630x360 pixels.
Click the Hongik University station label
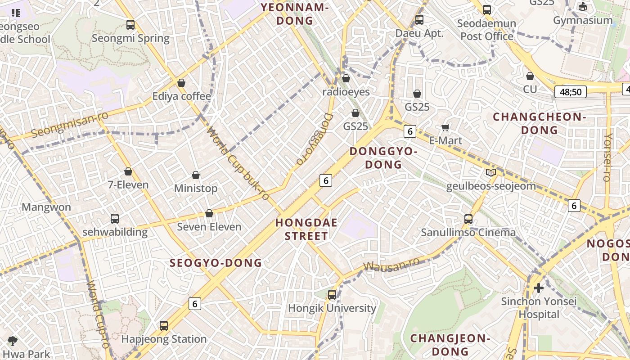tap(332, 308)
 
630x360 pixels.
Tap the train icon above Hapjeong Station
tap(164, 326)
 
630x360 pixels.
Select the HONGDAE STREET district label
tap(306, 229)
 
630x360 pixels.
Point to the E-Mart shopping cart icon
tap(445, 128)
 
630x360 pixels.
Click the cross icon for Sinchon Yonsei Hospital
tap(539, 288)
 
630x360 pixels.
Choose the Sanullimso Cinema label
tap(468, 232)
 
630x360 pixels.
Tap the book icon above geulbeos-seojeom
tap(491, 173)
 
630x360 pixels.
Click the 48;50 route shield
tap(571, 92)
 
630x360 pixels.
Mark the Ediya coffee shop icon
tap(181, 83)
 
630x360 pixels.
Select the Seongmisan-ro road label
tap(70, 125)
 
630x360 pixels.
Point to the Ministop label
tap(196, 188)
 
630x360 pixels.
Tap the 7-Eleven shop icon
tap(128, 172)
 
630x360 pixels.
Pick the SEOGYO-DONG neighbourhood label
tap(216, 263)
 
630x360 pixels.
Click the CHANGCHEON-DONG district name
tap(540, 123)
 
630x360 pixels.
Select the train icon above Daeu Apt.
tap(419, 20)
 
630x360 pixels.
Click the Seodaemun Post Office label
tap(486, 30)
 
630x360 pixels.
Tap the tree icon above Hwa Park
tap(13, 341)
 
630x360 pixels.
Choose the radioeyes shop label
tap(346, 92)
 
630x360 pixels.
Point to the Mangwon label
tap(46, 207)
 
